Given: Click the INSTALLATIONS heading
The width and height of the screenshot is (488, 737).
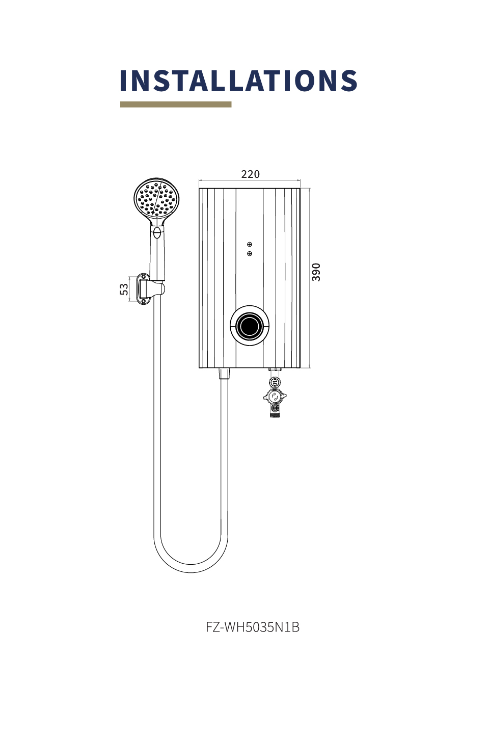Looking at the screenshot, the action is click(x=238, y=81).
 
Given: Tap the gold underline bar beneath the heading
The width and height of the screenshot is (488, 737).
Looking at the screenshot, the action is click(x=176, y=104).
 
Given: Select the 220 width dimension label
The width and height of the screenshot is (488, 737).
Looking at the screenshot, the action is click(x=250, y=174).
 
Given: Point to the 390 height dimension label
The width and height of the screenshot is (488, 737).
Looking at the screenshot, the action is click(x=316, y=272).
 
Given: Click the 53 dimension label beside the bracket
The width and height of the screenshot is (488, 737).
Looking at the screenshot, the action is click(x=124, y=289).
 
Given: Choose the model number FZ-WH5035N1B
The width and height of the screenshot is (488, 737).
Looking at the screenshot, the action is click(x=253, y=627).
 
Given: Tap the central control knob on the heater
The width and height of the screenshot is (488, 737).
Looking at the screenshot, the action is click(x=250, y=325).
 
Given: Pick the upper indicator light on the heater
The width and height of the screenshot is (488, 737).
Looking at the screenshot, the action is click(x=250, y=245).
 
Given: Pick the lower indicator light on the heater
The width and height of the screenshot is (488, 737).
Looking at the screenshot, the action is click(x=250, y=253).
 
